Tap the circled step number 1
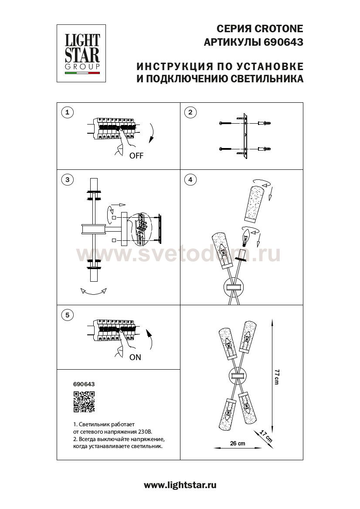67,112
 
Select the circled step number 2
190,112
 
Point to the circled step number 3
67,179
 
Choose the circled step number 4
190,179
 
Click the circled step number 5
67,315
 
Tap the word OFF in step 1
136,155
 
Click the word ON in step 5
135,357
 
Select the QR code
84,402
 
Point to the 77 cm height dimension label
276,377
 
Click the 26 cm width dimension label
238,443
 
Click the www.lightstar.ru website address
180,485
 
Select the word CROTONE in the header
279,29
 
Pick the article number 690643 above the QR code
84,384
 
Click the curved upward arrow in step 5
150,340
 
